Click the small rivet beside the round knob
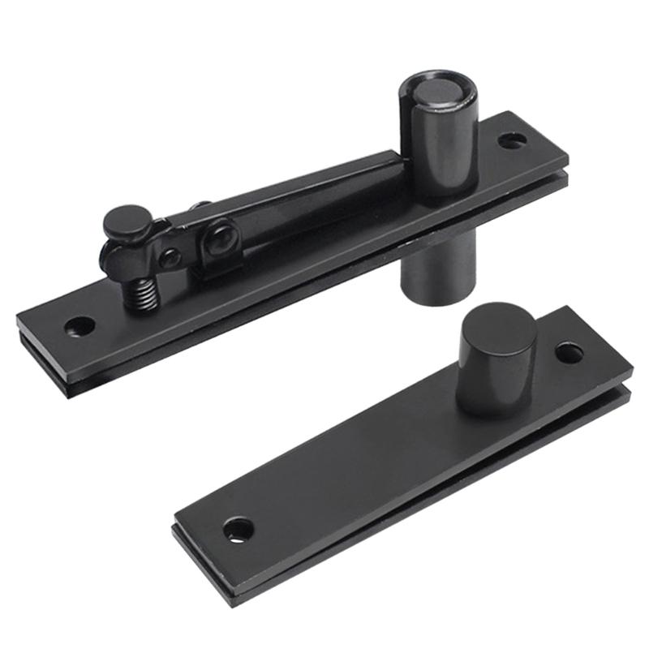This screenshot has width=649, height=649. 170,258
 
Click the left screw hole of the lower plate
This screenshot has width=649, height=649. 235,530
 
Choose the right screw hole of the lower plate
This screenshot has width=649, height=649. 569,353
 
